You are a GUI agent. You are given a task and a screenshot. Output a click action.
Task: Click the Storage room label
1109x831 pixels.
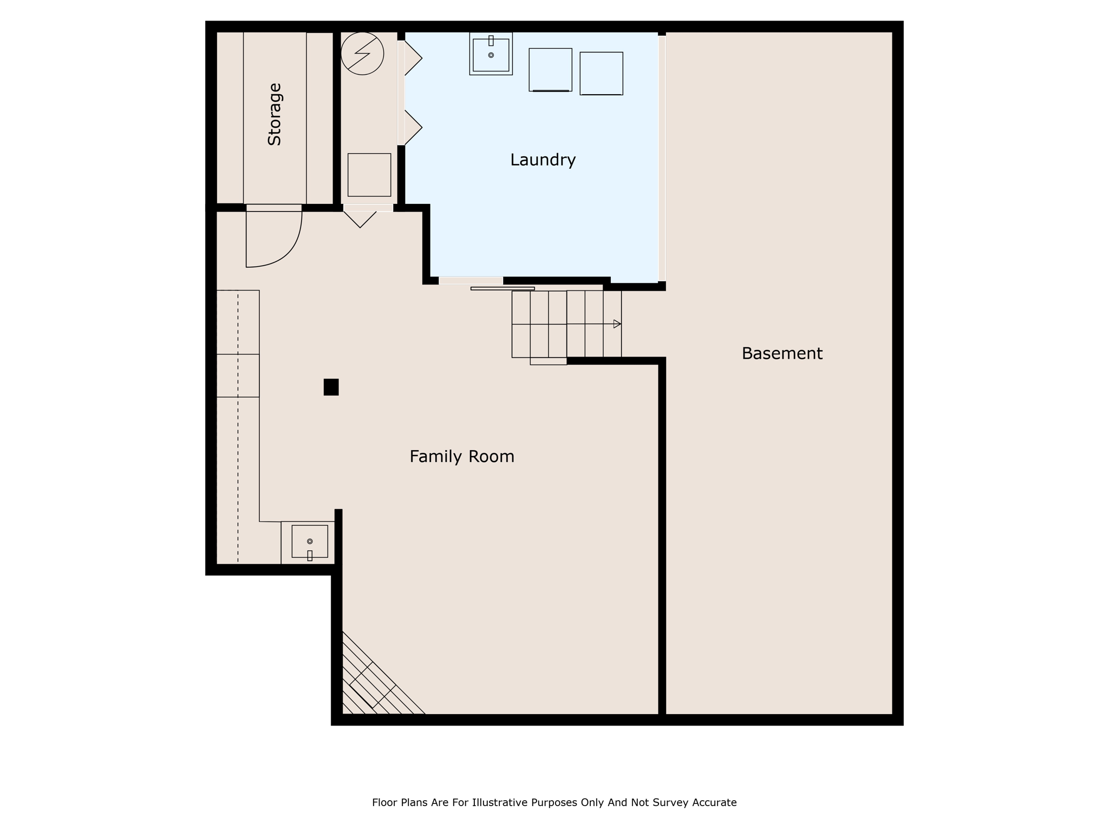pyautogui.click(x=275, y=114)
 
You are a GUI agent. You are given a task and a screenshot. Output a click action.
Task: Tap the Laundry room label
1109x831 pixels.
pyautogui.click(x=543, y=160)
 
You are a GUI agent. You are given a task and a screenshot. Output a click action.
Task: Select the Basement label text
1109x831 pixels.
pyautogui.click(x=782, y=353)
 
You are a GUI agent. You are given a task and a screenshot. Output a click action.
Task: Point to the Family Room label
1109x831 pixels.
pyautogui.click(x=462, y=457)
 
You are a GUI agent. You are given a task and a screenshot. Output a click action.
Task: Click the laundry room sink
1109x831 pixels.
pyautogui.click(x=491, y=54)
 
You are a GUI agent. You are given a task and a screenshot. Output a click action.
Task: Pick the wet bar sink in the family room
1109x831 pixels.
pyautogui.click(x=309, y=542)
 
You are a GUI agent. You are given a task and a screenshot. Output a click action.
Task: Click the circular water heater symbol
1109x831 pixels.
pyautogui.click(x=362, y=54)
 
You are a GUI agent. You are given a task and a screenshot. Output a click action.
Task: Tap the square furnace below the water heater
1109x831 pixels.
pyautogui.click(x=369, y=175)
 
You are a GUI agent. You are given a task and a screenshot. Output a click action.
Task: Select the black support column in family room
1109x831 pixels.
pyautogui.click(x=331, y=387)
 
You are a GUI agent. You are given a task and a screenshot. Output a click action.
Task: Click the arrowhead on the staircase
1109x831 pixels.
pyautogui.click(x=617, y=324)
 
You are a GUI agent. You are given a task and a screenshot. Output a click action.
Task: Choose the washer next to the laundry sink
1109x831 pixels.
pyautogui.click(x=550, y=70)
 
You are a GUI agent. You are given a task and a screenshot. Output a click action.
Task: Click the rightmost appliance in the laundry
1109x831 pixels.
pyautogui.click(x=601, y=74)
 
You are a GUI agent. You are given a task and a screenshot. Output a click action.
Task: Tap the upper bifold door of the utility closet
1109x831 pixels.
pyautogui.click(x=413, y=58)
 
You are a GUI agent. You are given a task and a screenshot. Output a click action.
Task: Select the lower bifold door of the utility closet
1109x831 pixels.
pyautogui.click(x=413, y=128)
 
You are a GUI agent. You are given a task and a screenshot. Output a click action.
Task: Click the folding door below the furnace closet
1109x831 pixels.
pyautogui.click(x=360, y=219)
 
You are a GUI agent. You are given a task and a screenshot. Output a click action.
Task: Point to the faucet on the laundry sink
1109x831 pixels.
pyautogui.click(x=491, y=41)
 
